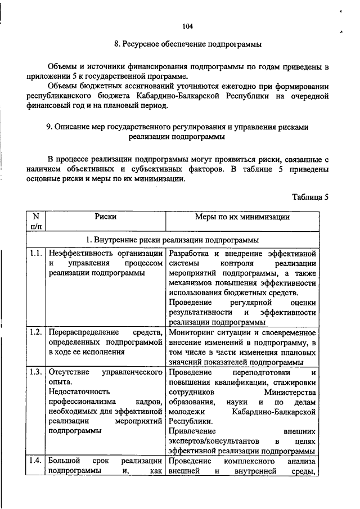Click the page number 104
tap(188, 26)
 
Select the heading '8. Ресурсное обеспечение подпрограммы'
tap(188, 44)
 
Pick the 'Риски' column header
tap(106, 217)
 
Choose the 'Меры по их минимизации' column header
tap(242, 217)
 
